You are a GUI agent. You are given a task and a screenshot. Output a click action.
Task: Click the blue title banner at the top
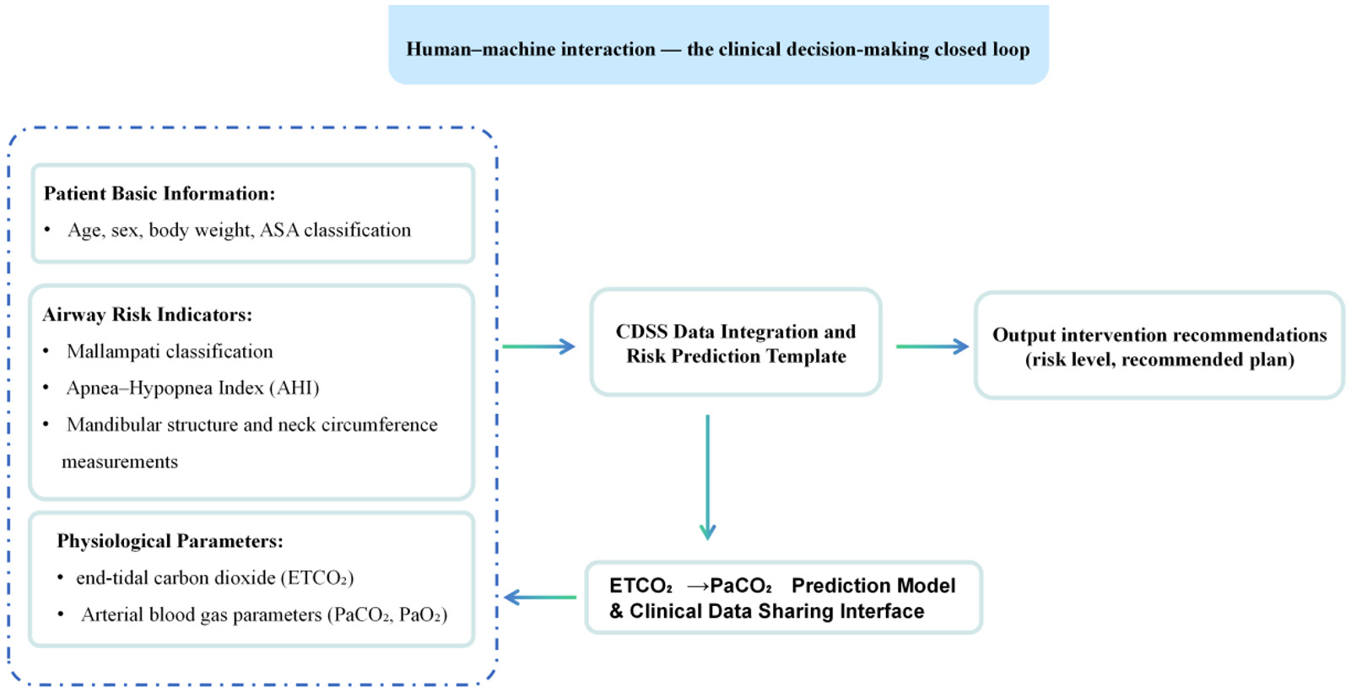pos(718,45)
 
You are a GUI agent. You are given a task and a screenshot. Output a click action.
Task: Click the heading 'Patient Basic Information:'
pos(159,193)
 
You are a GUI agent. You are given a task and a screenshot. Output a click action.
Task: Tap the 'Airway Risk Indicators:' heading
pos(147,314)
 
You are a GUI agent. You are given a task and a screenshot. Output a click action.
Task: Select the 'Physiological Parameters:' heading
pos(170,541)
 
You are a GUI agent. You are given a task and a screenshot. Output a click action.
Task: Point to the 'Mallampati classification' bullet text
pos(170,351)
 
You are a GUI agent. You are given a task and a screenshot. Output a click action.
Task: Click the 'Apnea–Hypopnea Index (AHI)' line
pos(192,387)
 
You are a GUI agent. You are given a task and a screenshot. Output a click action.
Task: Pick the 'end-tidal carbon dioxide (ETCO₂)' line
pos(214,578)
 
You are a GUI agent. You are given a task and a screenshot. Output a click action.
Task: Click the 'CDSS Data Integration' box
pos(736,342)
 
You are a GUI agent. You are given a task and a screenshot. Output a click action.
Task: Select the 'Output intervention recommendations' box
pos(1159,345)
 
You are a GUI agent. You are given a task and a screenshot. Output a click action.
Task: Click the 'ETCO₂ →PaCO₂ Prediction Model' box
pos(783,598)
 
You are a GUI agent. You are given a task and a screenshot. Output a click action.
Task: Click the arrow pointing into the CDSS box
pos(538,346)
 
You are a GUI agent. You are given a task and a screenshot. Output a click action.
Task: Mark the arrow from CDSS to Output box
pos(932,346)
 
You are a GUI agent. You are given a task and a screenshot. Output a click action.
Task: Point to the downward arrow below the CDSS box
pos(707,477)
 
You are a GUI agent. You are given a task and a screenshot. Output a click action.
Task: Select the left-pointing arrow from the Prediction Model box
pos(540,598)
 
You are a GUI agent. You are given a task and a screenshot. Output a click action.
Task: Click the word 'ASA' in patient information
pos(279,230)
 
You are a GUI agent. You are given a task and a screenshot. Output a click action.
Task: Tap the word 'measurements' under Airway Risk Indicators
pos(120,462)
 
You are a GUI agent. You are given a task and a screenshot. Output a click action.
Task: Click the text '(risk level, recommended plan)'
pos(1159,360)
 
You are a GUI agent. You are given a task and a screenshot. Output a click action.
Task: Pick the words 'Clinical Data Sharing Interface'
pos(777,611)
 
